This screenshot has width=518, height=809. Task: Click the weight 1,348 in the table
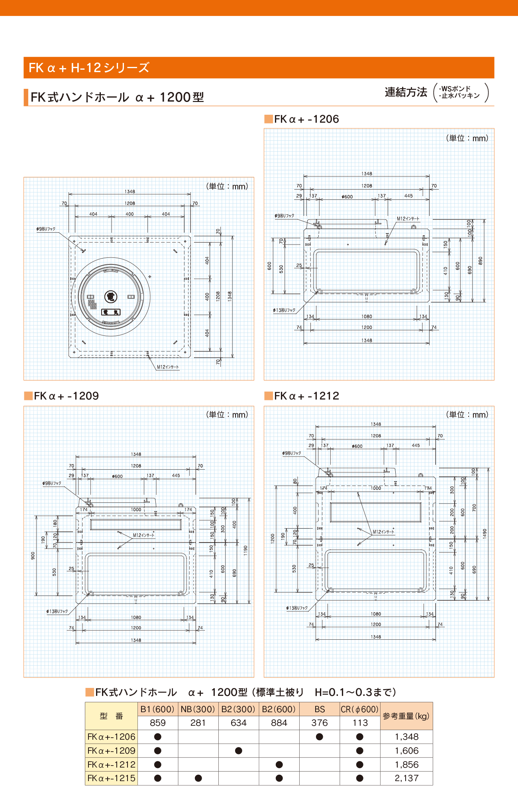coord(406,737)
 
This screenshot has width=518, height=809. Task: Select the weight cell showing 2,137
coord(406,778)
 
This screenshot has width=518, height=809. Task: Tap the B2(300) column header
coord(238,709)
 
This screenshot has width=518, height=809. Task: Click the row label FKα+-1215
coord(111,778)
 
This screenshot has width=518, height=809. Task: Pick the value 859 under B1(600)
coord(158,723)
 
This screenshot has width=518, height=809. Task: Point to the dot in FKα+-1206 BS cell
coord(319,737)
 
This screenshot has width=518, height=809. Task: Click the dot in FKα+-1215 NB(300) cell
coord(198,778)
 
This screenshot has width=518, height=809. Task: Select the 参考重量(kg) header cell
coord(406,716)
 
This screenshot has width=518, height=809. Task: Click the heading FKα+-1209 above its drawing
coord(66,396)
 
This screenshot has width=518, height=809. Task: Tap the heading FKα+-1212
coord(306,396)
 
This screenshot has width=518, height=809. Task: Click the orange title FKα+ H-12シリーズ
coord(89,68)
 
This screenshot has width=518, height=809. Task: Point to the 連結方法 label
coord(406,92)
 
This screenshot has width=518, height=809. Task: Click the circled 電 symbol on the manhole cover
coord(110,296)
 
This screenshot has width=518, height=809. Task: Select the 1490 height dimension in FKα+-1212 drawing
coord(485,533)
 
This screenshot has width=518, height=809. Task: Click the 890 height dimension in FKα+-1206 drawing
coord(481,261)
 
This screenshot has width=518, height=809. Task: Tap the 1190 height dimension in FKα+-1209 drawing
coord(245,550)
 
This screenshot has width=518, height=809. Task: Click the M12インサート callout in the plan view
coord(168,367)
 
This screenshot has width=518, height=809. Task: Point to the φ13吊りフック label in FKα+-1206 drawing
coord(284,310)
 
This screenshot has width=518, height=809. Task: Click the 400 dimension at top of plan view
coord(129,214)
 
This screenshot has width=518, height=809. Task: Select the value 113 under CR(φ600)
coord(360,723)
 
